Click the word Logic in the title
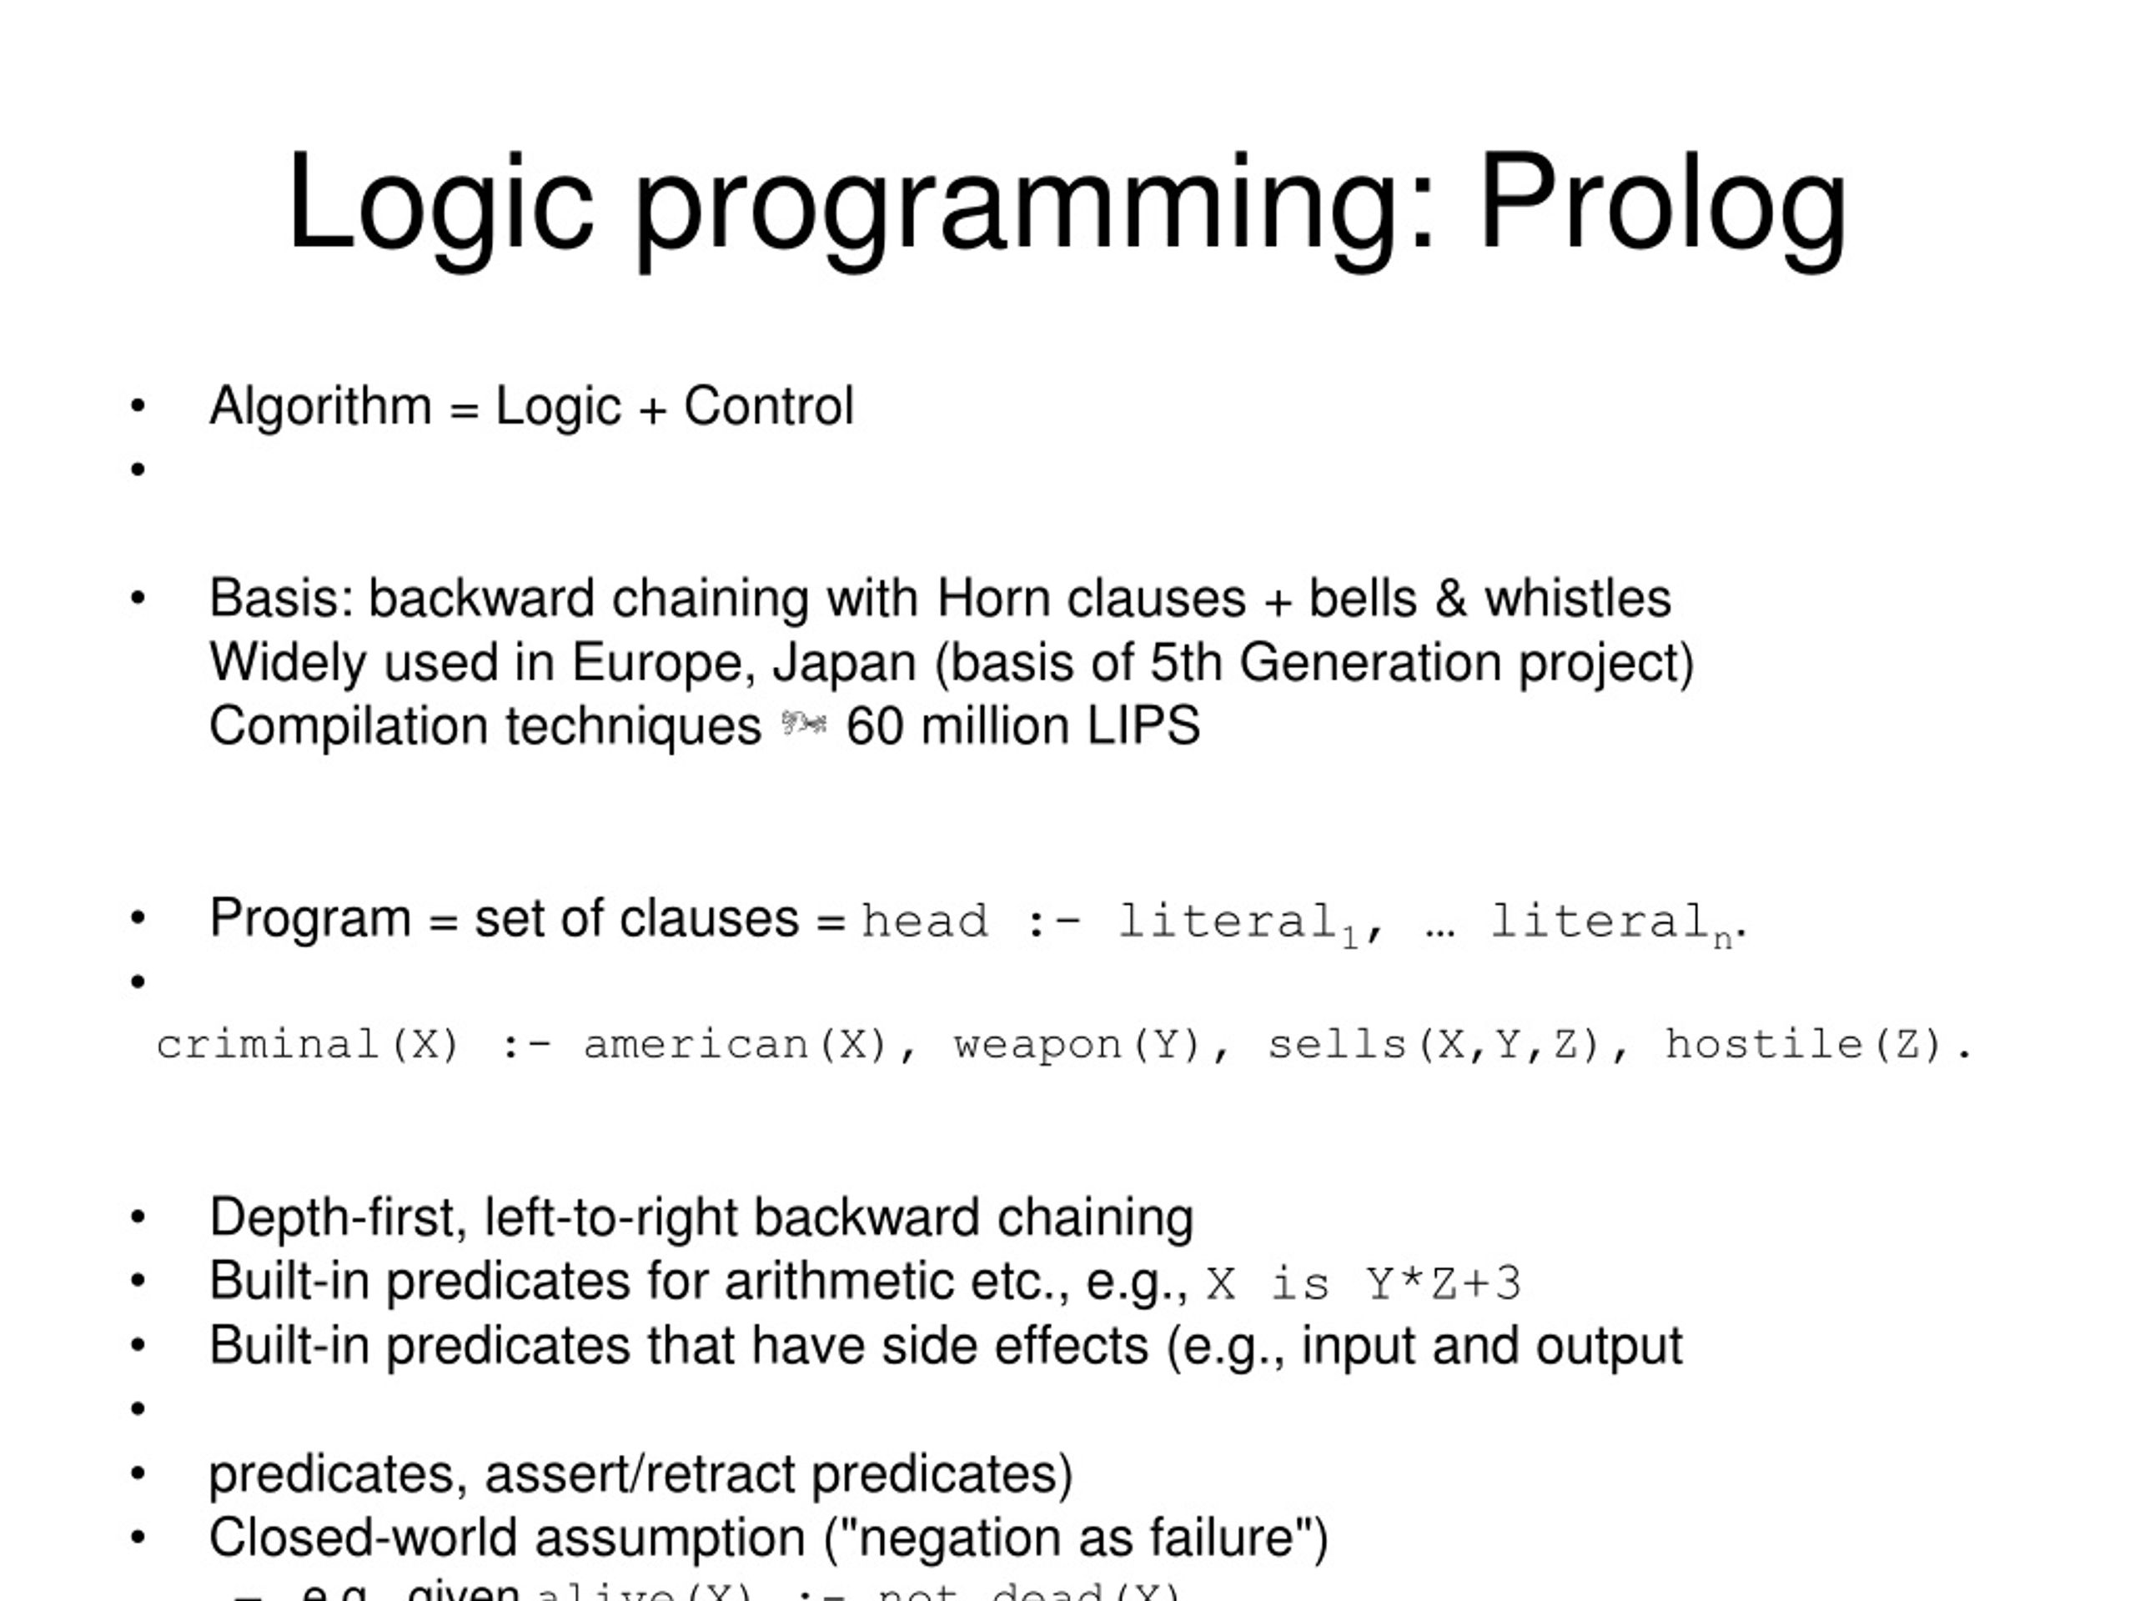pos(440,204)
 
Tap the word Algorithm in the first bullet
pos(320,405)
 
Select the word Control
pos(768,405)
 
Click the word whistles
pos(1577,599)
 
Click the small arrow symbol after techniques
pos(803,724)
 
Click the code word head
pos(925,921)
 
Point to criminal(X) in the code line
pos(307,1045)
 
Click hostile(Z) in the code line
pos(1803,1045)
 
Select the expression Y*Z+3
pos(1444,1284)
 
